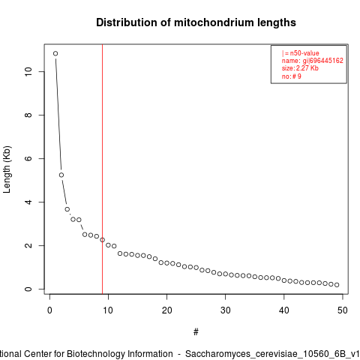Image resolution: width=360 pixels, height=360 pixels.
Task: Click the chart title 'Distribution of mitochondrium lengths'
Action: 196,22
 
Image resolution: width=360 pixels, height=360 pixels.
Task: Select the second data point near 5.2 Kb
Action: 61,175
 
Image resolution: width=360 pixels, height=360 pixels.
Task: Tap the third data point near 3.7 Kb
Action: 67,209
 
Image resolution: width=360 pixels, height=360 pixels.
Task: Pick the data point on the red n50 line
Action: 102,240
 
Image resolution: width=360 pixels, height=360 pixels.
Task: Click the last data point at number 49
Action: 337,285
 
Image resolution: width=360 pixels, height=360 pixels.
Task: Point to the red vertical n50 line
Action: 103,169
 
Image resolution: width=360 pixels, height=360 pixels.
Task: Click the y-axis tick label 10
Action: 28,71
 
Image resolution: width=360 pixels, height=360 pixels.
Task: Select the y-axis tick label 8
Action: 28,115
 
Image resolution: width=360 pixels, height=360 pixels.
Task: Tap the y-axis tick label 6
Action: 28,158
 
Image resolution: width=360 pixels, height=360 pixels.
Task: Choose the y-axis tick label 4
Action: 28,202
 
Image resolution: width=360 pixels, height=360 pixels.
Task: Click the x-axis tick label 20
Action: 166,310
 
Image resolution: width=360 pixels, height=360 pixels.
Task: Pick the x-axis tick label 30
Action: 225,310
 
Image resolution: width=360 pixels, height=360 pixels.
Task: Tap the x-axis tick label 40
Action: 284,310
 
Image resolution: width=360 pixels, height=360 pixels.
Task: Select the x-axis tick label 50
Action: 343,310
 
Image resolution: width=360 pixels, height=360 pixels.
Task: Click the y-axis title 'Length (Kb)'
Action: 7,169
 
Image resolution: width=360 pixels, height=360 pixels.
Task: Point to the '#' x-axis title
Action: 196,332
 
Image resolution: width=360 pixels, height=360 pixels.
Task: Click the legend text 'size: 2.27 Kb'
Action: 300,68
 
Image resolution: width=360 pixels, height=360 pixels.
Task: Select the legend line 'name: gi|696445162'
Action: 313,61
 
